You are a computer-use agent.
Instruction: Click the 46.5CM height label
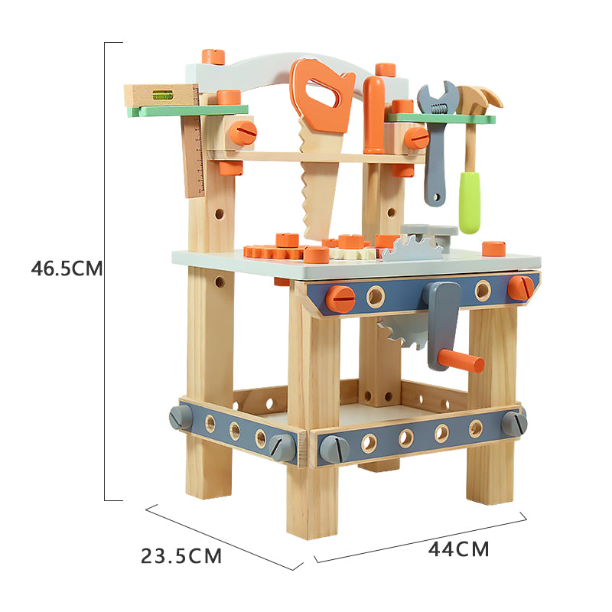tap(67, 269)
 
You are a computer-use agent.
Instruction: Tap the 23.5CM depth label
tap(181, 556)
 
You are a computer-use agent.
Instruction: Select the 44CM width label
tap(458, 549)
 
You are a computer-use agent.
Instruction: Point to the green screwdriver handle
tap(469, 202)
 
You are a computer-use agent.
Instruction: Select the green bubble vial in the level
tap(162, 94)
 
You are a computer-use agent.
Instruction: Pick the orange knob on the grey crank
tap(461, 361)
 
